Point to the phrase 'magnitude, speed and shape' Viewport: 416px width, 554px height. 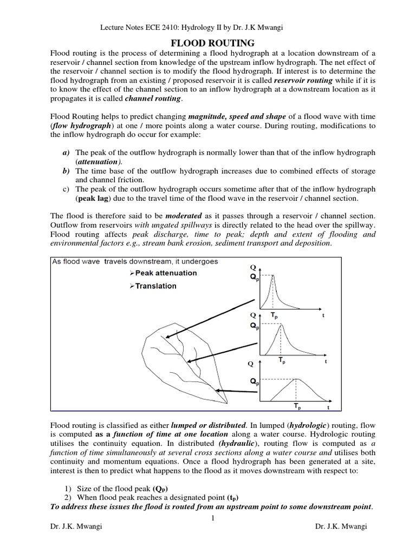tap(235, 117)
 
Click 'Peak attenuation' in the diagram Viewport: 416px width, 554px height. tap(162, 273)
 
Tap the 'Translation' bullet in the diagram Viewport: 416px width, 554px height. tap(155, 286)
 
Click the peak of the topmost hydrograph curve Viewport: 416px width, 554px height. tap(274, 276)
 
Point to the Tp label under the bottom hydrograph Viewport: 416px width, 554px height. tap(297, 405)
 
